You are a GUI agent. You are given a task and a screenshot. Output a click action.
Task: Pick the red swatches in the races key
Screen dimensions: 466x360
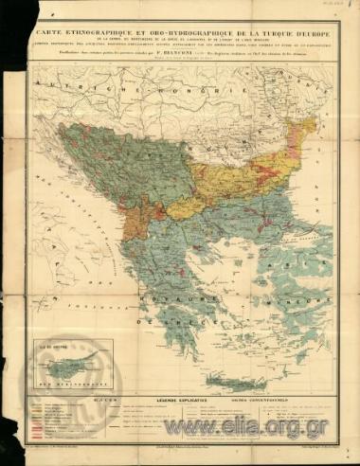[38, 431]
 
